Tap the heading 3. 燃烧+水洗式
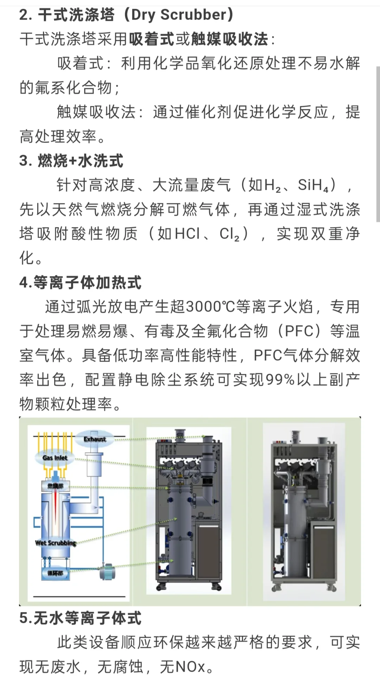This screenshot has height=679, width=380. pyautogui.click(x=71, y=161)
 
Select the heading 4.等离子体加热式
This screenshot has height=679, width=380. pyautogui.click(x=81, y=282)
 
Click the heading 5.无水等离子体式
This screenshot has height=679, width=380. pyautogui.click(x=81, y=618)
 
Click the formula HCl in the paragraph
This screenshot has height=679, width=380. pyautogui.click(x=187, y=234)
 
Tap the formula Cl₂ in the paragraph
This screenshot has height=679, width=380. pyautogui.click(x=229, y=234)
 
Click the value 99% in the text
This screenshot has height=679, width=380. pyautogui.click(x=280, y=380)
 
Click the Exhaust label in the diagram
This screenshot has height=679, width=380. pyautogui.click(x=95, y=439)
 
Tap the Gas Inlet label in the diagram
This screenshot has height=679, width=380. pyautogui.click(x=55, y=458)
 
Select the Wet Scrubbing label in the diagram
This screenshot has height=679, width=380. pyautogui.click(x=56, y=543)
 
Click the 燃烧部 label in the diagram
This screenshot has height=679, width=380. pyautogui.click(x=56, y=486)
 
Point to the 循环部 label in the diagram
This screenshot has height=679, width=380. pyautogui.click(x=55, y=573)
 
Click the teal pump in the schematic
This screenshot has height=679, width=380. pyautogui.click(x=106, y=572)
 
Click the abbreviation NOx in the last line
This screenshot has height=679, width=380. pyautogui.click(x=190, y=667)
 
